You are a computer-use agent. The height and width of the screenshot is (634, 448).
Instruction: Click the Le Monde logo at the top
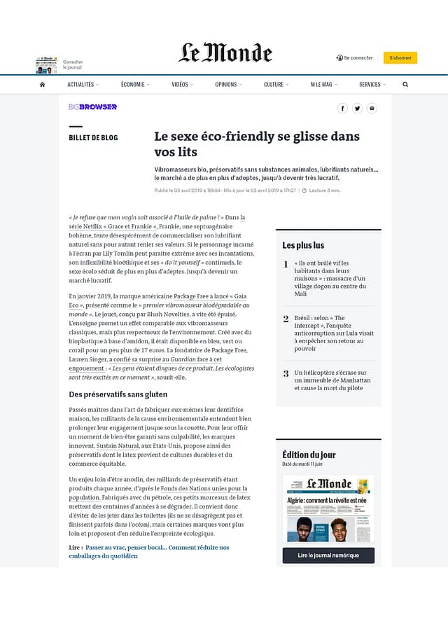coord(225,53)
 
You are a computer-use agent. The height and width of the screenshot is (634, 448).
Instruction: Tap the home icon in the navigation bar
coord(42,84)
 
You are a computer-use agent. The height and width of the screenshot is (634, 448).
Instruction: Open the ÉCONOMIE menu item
coord(133,84)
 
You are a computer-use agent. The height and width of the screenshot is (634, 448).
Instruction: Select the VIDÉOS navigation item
coord(181,84)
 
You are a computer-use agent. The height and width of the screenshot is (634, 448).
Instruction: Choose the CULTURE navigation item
coord(274,84)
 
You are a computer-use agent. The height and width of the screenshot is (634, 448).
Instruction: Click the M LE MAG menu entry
coord(321,84)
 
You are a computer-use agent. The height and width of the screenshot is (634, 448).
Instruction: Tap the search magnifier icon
coord(405,84)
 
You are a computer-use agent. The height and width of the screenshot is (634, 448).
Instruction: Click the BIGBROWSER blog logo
coord(92,107)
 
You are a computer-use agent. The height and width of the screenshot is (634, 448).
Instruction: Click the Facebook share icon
coord(342,108)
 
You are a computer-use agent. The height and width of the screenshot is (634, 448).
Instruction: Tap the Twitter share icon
coord(357,108)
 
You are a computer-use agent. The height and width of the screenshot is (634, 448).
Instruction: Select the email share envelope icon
coord(372,108)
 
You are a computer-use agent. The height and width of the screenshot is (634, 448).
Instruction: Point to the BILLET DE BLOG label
coord(93,138)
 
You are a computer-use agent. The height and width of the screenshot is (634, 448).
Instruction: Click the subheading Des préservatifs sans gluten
coord(118,394)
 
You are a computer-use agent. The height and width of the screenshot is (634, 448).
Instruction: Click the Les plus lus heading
coord(303,245)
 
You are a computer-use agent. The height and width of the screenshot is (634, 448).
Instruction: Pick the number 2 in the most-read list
coord(286,319)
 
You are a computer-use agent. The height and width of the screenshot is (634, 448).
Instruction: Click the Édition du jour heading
coord(309,455)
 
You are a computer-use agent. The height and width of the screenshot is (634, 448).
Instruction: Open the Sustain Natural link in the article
coord(118,446)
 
